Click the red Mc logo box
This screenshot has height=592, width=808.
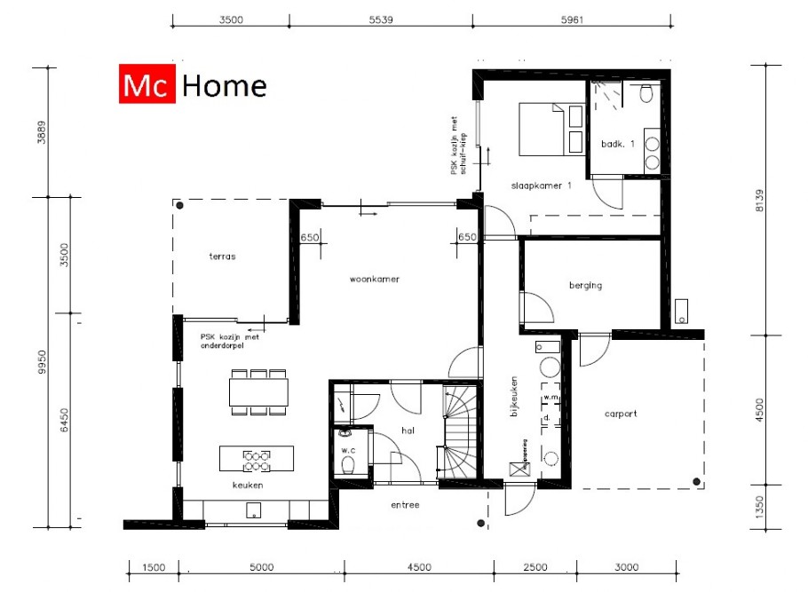pos(147,85)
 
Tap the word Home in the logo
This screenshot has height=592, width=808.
pos(224,85)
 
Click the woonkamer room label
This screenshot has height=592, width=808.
pos(374,279)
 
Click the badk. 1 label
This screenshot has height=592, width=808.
pos(618,143)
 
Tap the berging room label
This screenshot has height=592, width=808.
pos(585,285)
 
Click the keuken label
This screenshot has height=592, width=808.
pos(249,485)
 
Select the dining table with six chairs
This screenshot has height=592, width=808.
pos(257,391)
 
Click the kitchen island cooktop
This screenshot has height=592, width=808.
pos(257,459)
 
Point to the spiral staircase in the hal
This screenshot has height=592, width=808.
pos(461,435)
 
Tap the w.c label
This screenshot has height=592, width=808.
pos(347,448)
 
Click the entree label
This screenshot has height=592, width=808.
pos(405,505)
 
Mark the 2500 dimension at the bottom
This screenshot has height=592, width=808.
pos(535,566)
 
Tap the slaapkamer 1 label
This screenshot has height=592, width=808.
pos(541,185)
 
